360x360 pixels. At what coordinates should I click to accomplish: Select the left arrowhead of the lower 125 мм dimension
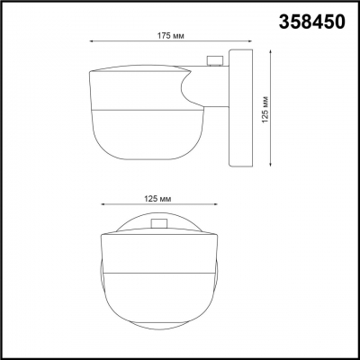coord(102,204)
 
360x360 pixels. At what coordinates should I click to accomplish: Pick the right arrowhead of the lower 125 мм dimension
coord(215,204)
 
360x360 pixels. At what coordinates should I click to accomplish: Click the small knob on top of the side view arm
coord(213,62)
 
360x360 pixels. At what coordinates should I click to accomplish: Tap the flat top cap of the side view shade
coord(139,69)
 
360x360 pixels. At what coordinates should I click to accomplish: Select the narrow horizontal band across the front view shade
coord(158,270)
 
